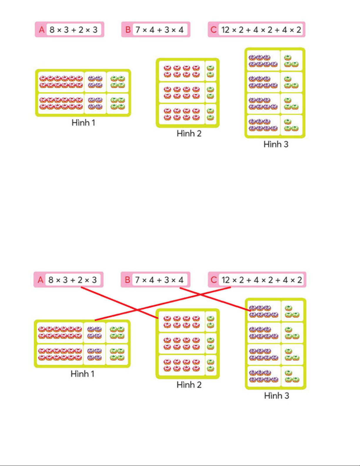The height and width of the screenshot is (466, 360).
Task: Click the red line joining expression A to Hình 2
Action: tap(120, 303)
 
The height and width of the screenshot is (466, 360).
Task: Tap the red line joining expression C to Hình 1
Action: tap(163, 304)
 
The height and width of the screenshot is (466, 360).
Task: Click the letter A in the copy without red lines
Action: tap(41, 30)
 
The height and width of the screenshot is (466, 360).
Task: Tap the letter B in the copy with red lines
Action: tap(128, 280)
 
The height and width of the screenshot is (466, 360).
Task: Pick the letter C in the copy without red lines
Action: tap(213, 30)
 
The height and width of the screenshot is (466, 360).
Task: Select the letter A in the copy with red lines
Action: tap(40, 280)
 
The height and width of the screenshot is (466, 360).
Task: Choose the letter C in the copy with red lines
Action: tap(214, 280)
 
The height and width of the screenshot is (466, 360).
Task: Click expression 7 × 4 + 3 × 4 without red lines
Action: tap(159, 30)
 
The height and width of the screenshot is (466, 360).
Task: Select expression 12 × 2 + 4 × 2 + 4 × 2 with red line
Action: tap(262, 280)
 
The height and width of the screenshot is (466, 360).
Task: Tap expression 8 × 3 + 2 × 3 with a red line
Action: tap(73, 280)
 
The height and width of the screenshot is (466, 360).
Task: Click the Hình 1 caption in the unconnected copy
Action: tap(83, 123)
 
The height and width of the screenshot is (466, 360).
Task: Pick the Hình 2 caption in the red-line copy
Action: tap(189, 385)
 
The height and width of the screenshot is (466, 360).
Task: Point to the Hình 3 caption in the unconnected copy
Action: tap(276, 144)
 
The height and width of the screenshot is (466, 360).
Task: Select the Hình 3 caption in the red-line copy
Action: tap(277, 395)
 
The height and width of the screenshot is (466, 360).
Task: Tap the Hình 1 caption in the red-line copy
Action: tap(83, 374)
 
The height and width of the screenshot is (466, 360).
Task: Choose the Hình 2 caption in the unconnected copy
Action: tap(189, 133)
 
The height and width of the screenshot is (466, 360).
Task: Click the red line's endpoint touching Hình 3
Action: tap(251, 311)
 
